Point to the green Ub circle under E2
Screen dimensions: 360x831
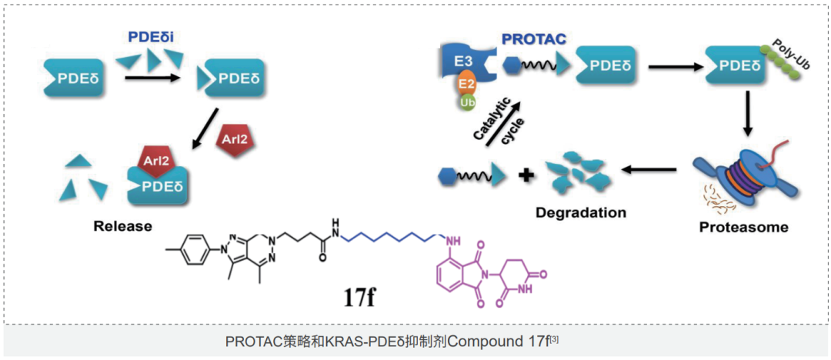pyautogui.click(x=466, y=102)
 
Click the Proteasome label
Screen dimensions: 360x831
pyautogui.click(x=743, y=228)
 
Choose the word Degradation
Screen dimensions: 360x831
pyautogui.click(x=582, y=212)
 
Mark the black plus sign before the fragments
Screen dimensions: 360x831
pyautogui.click(x=526, y=175)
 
